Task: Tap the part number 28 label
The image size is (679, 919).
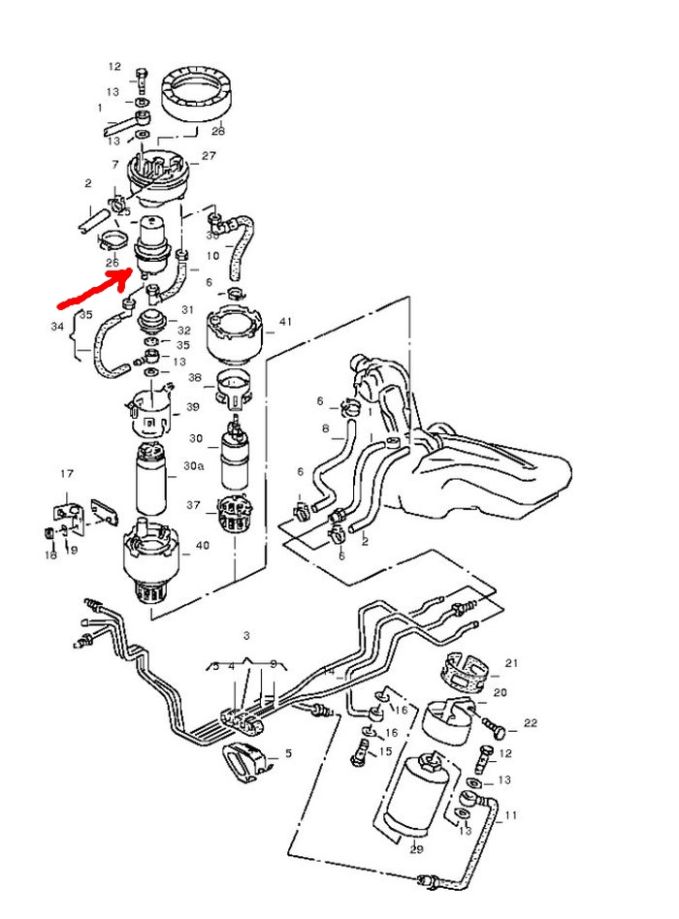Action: [x=218, y=130]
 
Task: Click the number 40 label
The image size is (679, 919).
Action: [x=202, y=546]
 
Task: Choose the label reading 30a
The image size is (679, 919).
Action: [x=195, y=466]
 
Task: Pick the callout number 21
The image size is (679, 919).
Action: [x=511, y=664]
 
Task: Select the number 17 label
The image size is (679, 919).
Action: [x=67, y=474]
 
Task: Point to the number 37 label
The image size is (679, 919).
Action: [x=193, y=505]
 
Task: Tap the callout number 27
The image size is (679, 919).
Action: [x=209, y=156]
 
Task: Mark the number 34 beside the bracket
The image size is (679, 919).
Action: [x=56, y=327]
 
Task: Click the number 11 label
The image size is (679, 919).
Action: [x=510, y=816]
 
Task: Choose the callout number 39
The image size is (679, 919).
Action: [x=193, y=407]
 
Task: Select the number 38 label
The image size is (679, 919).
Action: [x=195, y=377]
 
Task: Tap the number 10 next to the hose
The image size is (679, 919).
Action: [x=213, y=258]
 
